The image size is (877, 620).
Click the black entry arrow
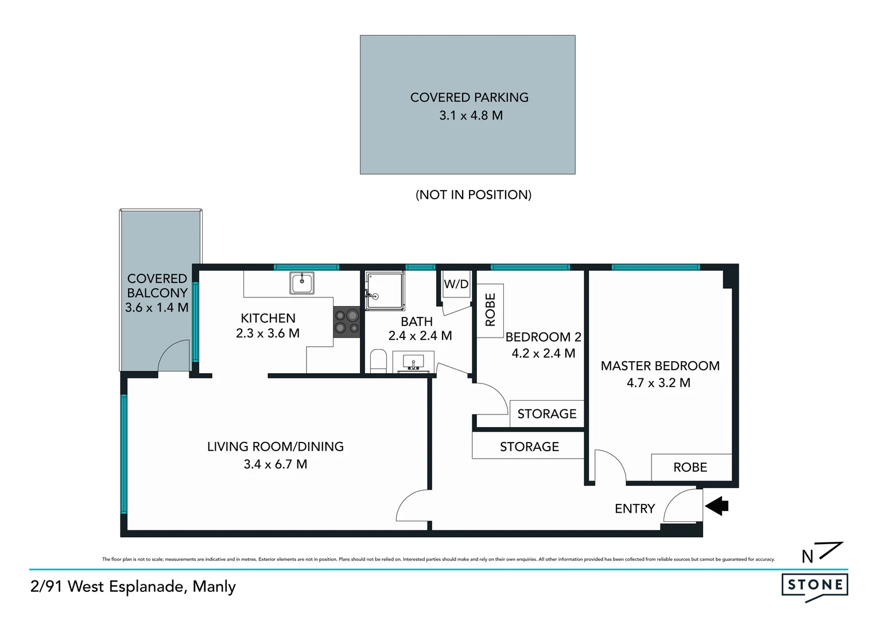(717, 506)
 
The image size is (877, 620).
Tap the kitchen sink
(301, 283)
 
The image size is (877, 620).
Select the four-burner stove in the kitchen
(346, 321)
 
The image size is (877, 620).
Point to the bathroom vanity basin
(413, 363)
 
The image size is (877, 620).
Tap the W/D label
(456, 284)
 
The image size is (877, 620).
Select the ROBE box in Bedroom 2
(490, 310)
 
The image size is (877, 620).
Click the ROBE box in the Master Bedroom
(691, 467)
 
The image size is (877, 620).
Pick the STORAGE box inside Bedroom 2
(546, 414)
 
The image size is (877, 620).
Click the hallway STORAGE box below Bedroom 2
(529, 446)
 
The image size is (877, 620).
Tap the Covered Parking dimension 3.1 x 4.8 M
(471, 115)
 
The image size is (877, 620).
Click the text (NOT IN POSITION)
(473, 195)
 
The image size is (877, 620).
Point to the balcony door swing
(173, 356)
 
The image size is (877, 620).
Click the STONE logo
(814, 586)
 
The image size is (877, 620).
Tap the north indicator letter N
(807, 557)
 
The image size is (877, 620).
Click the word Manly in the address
(214, 587)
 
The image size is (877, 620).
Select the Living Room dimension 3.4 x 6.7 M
(275, 464)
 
